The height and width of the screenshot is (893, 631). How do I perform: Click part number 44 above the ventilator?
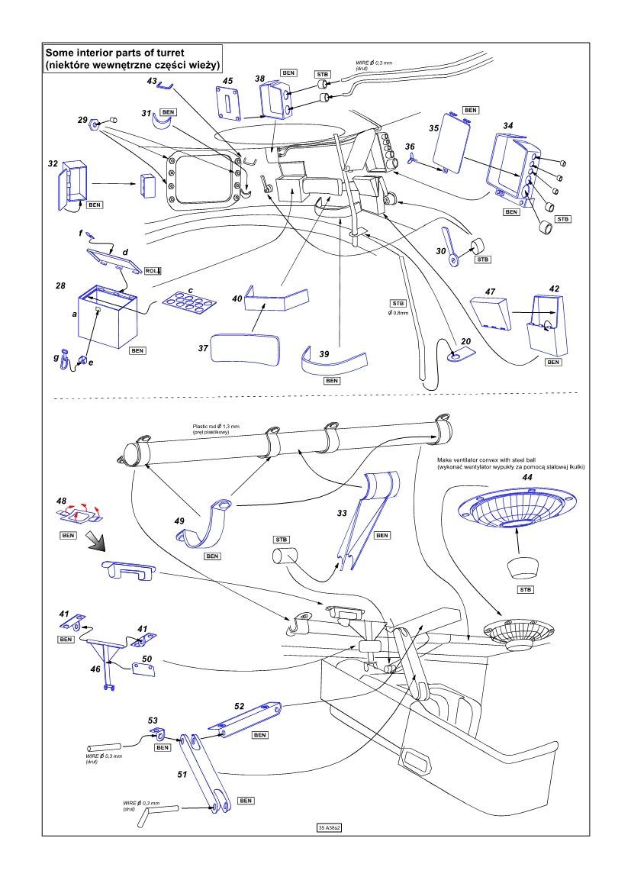pyautogui.click(x=526, y=476)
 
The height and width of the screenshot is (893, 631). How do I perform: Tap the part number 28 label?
pyautogui.click(x=60, y=285)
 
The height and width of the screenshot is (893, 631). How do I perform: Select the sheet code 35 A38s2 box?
pyautogui.click(x=333, y=827)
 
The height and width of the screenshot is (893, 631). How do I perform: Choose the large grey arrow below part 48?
pyautogui.click(x=95, y=541)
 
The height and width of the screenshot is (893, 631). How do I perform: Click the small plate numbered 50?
pyautogui.click(x=145, y=669)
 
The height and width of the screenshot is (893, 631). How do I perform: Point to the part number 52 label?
pyautogui.click(x=239, y=706)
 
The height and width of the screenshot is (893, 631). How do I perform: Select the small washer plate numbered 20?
pyautogui.click(x=459, y=355)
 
